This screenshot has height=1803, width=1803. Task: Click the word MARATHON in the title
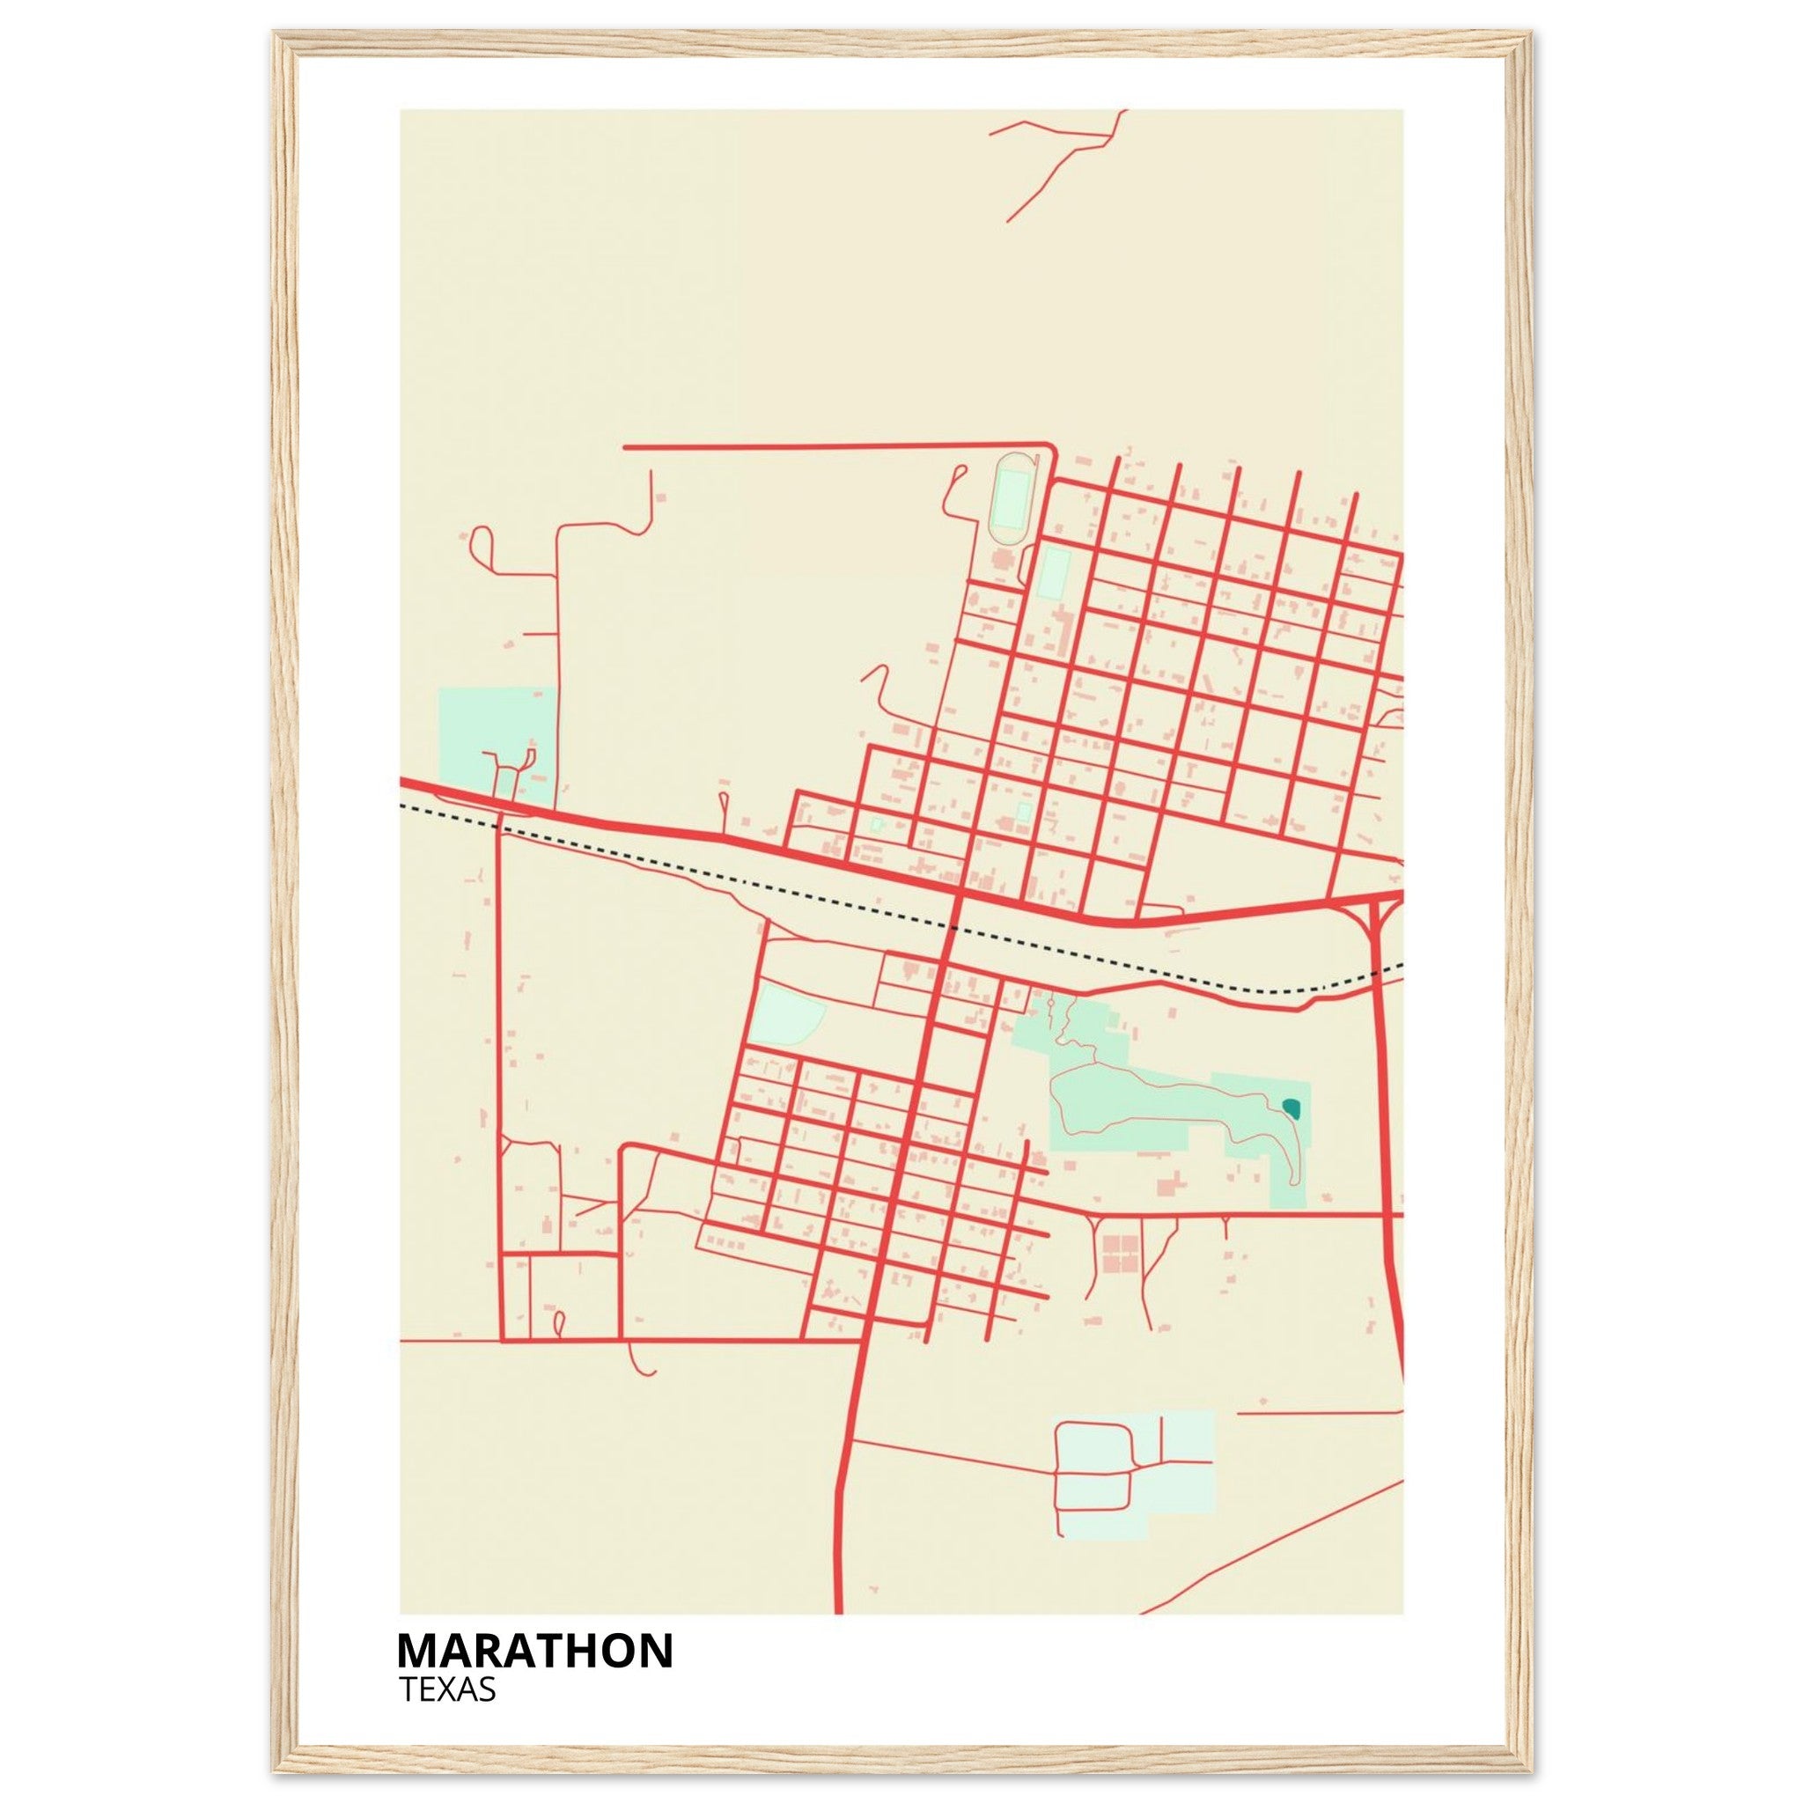pos(534,1651)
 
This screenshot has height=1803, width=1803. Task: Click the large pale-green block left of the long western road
pos(495,742)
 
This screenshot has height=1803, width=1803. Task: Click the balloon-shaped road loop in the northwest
pos(482,542)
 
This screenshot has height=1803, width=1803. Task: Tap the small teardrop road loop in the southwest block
pos(560,1323)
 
